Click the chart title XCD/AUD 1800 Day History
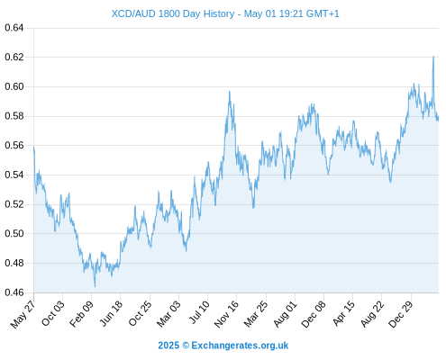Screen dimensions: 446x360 coord(173,13)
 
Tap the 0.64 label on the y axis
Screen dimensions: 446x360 coord(14,28)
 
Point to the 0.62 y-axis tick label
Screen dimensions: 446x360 coord(14,57)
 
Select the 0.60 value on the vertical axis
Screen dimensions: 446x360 coord(14,86)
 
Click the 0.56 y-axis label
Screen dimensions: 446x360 coord(14,146)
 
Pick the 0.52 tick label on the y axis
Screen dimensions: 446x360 coord(14,204)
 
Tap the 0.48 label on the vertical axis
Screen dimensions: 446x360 coord(14,263)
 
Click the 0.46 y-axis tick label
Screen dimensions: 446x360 coord(14,292)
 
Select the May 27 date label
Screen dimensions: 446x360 coord(23,314)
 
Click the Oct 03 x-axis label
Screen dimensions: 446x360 coord(53,313)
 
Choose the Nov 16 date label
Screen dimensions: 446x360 coord(226,314)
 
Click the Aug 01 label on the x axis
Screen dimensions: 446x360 coord(285,314)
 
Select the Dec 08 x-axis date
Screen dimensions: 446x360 coord(314,314)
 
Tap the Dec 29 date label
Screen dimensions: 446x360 coord(401,314)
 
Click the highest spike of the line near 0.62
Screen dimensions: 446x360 coord(433,56)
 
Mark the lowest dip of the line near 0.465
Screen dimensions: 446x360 coord(95,286)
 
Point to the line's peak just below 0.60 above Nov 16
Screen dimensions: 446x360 coord(230,92)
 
